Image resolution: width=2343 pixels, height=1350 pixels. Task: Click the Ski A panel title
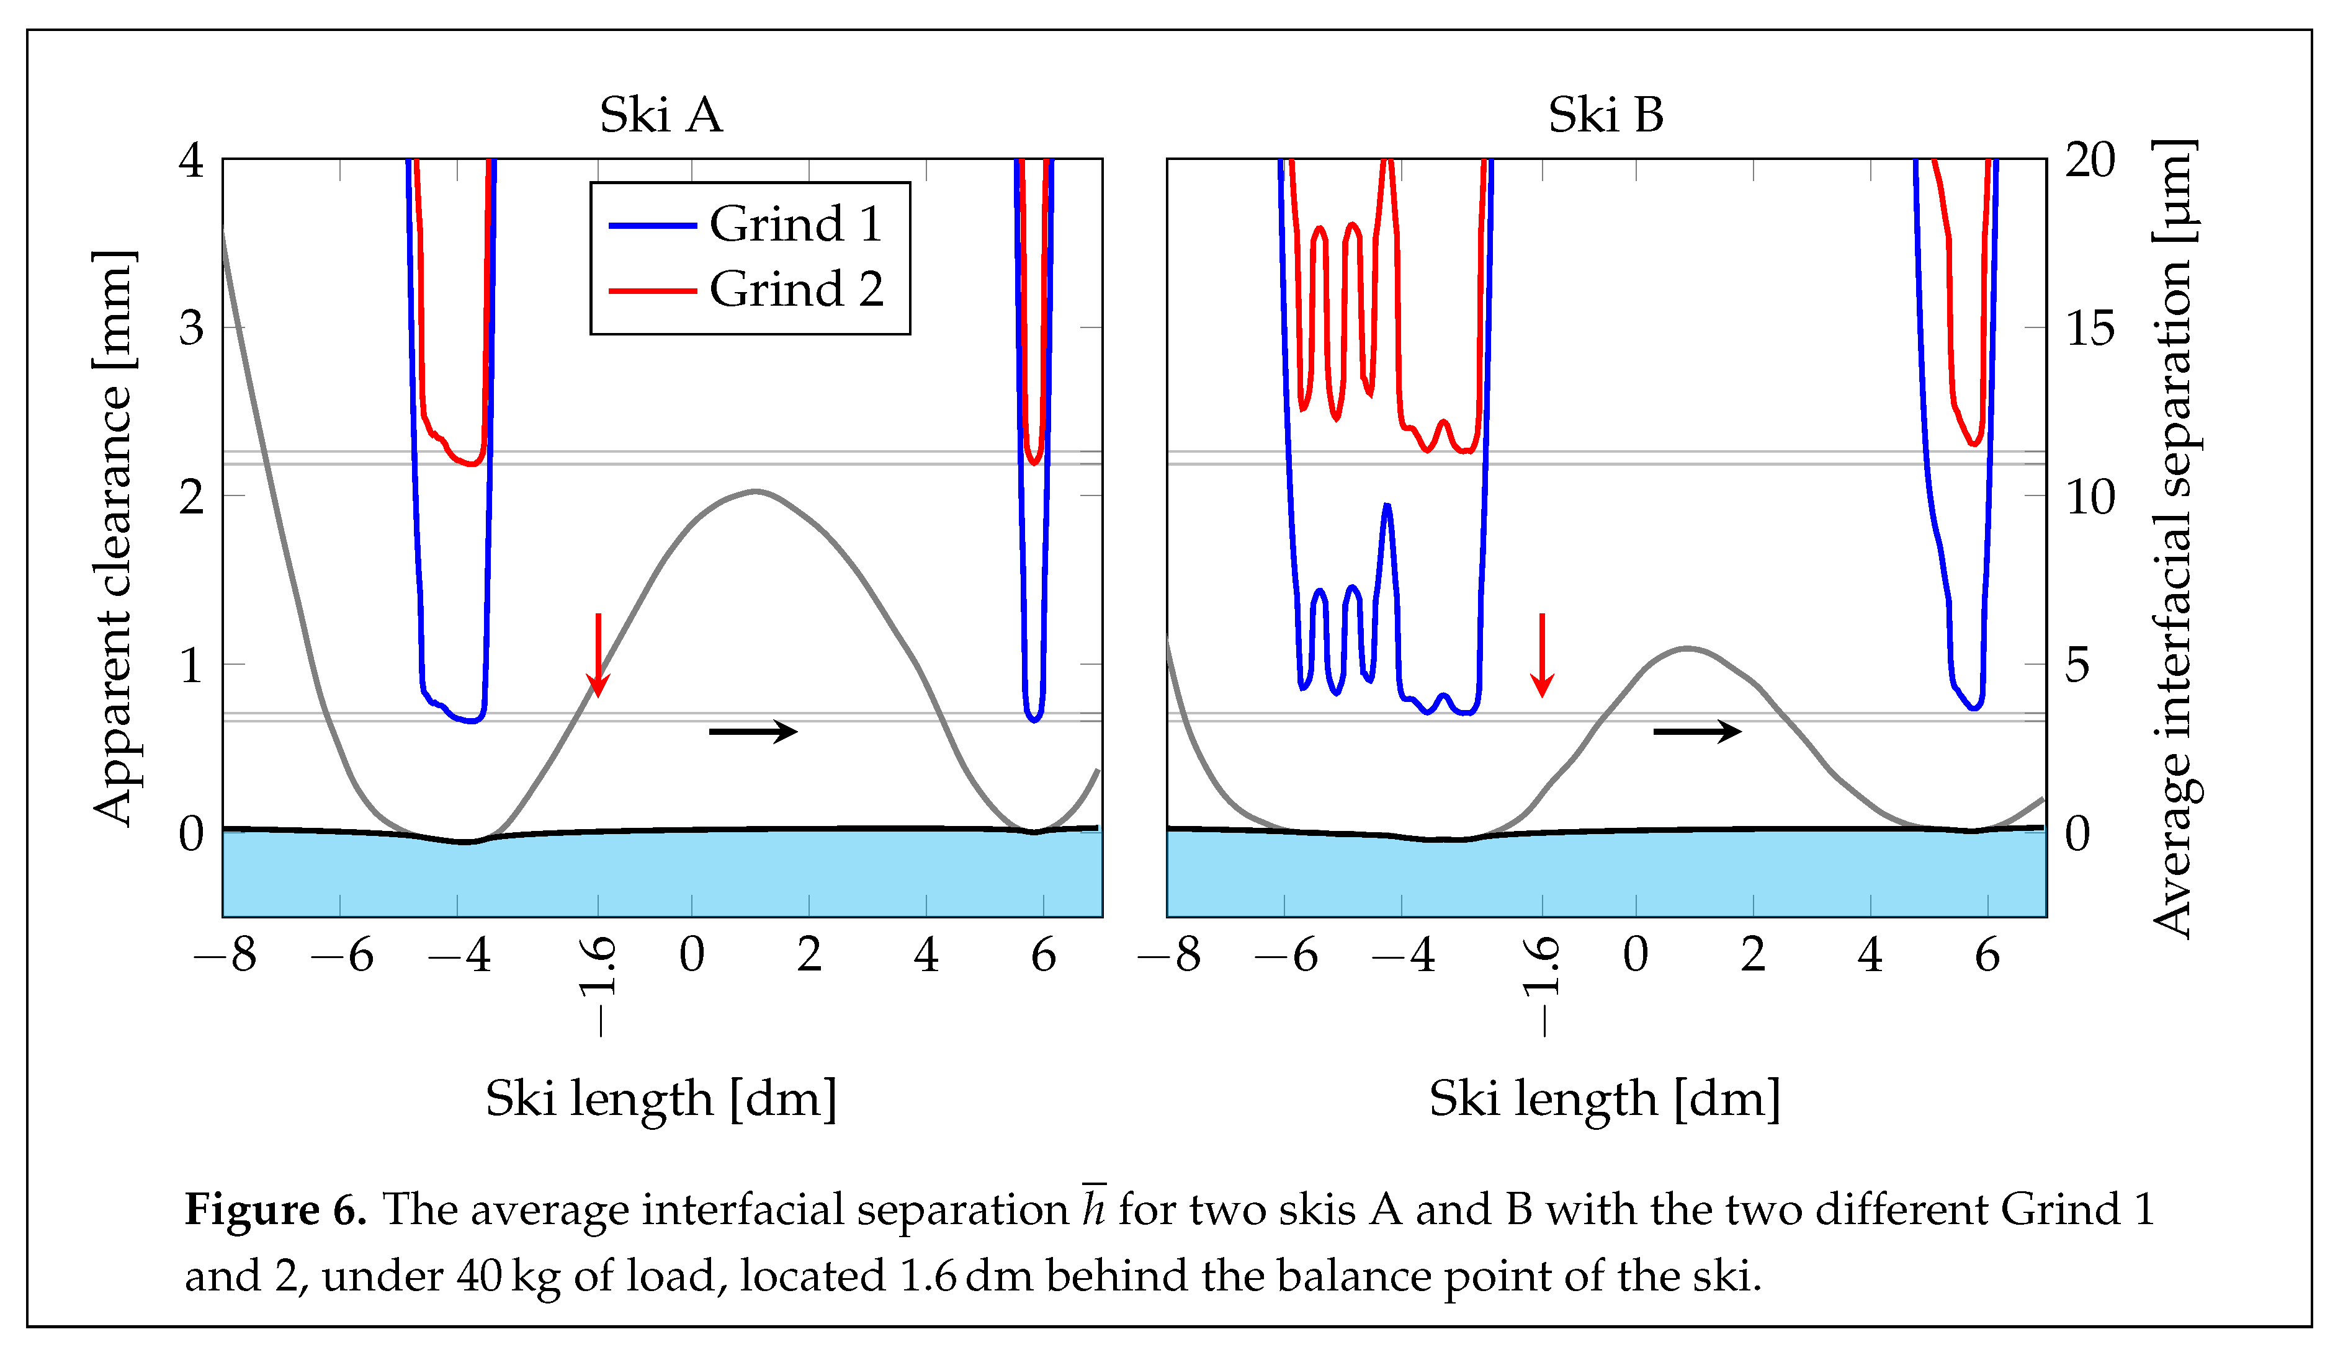point(660,116)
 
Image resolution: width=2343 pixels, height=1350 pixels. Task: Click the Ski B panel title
point(1606,116)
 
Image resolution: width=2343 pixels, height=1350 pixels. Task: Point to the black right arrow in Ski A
point(752,732)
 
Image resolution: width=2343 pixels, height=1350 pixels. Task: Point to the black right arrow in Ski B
point(1696,732)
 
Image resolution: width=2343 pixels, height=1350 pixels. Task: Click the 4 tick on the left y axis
point(191,161)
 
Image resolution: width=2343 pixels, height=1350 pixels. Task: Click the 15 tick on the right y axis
point(2090,328)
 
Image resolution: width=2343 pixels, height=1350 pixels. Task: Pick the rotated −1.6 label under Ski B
point(1541,985)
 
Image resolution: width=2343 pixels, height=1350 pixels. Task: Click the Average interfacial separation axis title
point(2172,538)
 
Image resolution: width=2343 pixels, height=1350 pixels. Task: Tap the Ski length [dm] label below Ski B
point(1605,1099)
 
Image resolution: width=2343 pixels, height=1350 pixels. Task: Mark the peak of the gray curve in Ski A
point(756,491)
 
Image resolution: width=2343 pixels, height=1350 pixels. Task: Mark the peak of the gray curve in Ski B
point(1687,647)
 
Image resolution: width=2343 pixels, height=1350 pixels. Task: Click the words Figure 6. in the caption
point(276,1210)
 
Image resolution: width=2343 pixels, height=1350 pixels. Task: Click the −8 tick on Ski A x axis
point(225,955)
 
